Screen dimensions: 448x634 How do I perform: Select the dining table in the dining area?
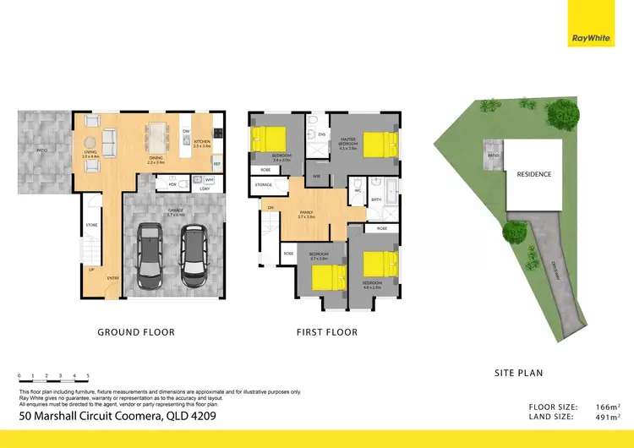click(157, 134)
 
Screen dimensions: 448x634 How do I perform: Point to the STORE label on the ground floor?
click(91, 225)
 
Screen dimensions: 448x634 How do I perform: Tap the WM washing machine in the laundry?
click(208, 180)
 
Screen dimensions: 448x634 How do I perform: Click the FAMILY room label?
click(306, 212)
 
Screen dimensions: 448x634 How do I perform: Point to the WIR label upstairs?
click(316, 176)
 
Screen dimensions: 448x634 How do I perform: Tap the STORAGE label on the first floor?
click(263, 183)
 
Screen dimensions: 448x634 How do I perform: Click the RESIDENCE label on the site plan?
click(533, 174)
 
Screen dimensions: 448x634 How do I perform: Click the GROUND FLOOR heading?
click(136, 332)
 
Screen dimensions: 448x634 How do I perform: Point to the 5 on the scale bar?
click(88, 375)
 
